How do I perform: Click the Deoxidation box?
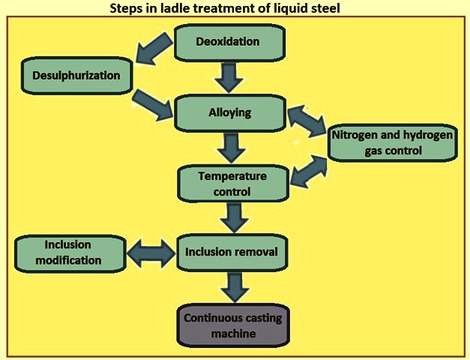point(229,42)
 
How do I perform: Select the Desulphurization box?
point(76,76)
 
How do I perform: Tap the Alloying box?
point(230,113)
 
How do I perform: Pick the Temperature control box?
point(233,183)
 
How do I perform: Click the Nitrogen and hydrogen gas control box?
point(393,142)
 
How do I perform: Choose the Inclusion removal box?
point(232,253)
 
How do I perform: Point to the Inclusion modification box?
point(70,253)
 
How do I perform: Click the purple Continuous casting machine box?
point(234,325)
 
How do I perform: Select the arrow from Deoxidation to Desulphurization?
point(154,49)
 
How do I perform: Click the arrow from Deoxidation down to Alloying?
point(229,77)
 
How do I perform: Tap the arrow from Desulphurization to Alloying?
point(153,106)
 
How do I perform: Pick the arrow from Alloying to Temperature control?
point(232,148)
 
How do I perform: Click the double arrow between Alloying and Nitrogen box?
point(307,121)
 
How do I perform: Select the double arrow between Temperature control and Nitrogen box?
point(309,172)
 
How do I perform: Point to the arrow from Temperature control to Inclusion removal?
point(235,217)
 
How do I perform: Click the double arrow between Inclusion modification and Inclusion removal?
point(151,253)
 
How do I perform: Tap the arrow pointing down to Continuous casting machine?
point(235,287)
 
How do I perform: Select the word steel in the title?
point(326,8)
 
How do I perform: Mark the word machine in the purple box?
point(234,334)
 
